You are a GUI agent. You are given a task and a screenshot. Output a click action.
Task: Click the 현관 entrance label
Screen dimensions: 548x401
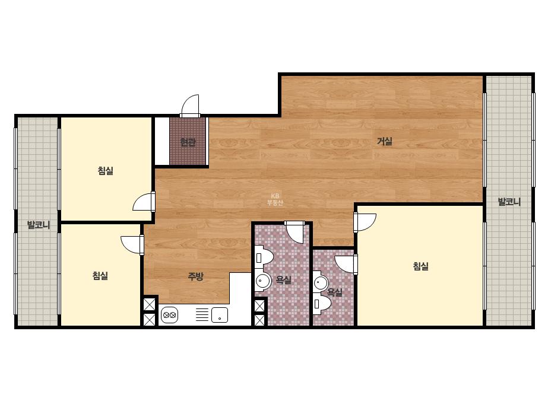click(x=188, y=142)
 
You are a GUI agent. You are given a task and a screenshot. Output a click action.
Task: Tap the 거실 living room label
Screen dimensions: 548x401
click(x=385, y=141)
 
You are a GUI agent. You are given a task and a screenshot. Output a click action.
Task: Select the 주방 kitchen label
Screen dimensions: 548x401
click(x=195, y=276)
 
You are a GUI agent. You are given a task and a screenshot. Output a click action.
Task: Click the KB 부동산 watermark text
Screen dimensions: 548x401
click(x=275, y=199)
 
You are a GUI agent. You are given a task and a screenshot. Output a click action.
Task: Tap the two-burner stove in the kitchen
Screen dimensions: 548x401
click(x=169, y=315)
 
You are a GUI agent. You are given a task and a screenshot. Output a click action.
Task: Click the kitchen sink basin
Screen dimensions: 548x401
click(x=220, y=315)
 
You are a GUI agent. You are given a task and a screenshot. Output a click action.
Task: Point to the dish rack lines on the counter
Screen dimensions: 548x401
click(x=202, y=314)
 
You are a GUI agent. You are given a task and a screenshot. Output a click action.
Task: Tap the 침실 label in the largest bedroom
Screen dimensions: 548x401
click(x=421, y=266)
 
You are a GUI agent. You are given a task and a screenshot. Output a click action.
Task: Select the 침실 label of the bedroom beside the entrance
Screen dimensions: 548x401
click(x=106, y=171)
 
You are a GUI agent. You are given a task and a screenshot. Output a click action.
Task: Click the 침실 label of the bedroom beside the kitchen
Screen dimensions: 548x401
click(x=100, y=276)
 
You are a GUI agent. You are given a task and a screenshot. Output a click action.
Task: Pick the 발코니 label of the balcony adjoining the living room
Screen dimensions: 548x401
click(x=509, y=202)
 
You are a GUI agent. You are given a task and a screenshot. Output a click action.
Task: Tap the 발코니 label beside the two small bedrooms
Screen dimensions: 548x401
click(x=39, y=225)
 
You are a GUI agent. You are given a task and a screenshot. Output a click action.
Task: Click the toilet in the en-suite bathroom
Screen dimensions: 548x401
click(x=322, y=304)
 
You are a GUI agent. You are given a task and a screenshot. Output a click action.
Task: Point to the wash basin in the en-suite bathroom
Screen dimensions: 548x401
click(x=321, y=282)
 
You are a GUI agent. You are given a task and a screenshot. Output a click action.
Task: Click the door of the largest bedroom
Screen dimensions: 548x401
click(x=365, y=222)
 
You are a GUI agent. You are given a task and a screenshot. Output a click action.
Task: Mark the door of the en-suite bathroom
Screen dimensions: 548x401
click(x=346, y=265)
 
